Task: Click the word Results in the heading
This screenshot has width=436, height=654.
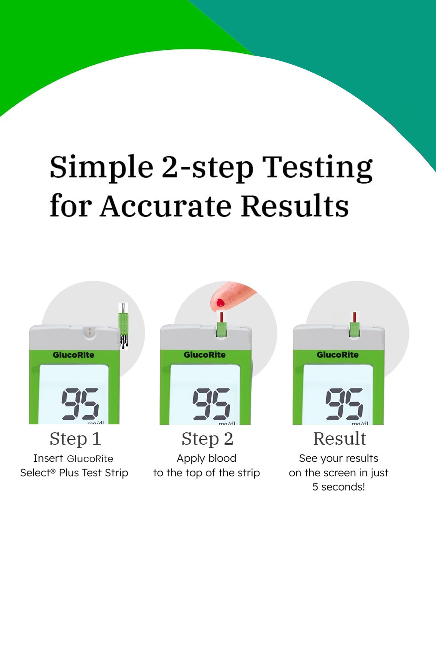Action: click(x=295, y=206)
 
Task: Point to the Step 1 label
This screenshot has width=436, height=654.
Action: click(x=75, y=439)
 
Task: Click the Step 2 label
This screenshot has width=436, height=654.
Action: click(x=207, y=439)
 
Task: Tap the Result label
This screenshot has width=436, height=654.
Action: click(x=340, y=439)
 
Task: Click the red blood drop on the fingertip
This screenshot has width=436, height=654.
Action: click(x=221, y=302)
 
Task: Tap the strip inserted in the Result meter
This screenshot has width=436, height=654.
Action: click(x=355, y=325)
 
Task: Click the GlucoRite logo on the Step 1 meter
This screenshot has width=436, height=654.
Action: click(x=73, y=355)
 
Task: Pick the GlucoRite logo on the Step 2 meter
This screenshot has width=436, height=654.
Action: click(x=205, y=355)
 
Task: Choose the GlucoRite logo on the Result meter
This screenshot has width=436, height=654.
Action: click(x=338, y=355)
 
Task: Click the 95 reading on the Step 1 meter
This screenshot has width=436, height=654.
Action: click(x=80, y=404)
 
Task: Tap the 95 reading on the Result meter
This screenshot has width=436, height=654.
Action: click(x=344, y=404)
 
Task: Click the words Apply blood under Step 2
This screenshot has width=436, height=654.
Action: click(x=206, y=459)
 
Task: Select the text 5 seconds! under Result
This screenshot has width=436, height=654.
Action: click(x=339, y=487)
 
